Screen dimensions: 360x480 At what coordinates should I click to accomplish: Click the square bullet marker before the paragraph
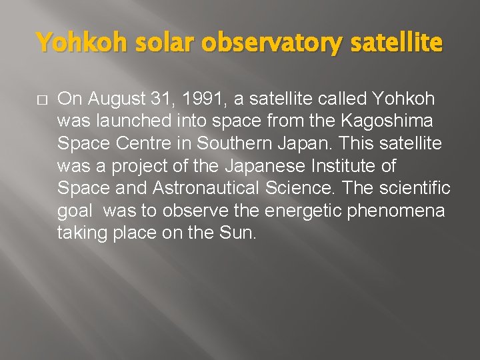click(41, 100)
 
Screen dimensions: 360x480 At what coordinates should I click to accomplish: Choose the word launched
click(123, 122)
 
